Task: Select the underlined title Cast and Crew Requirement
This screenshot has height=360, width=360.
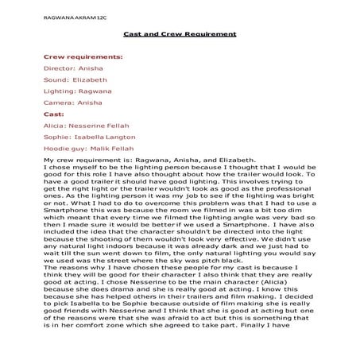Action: [x=180, y=34]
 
